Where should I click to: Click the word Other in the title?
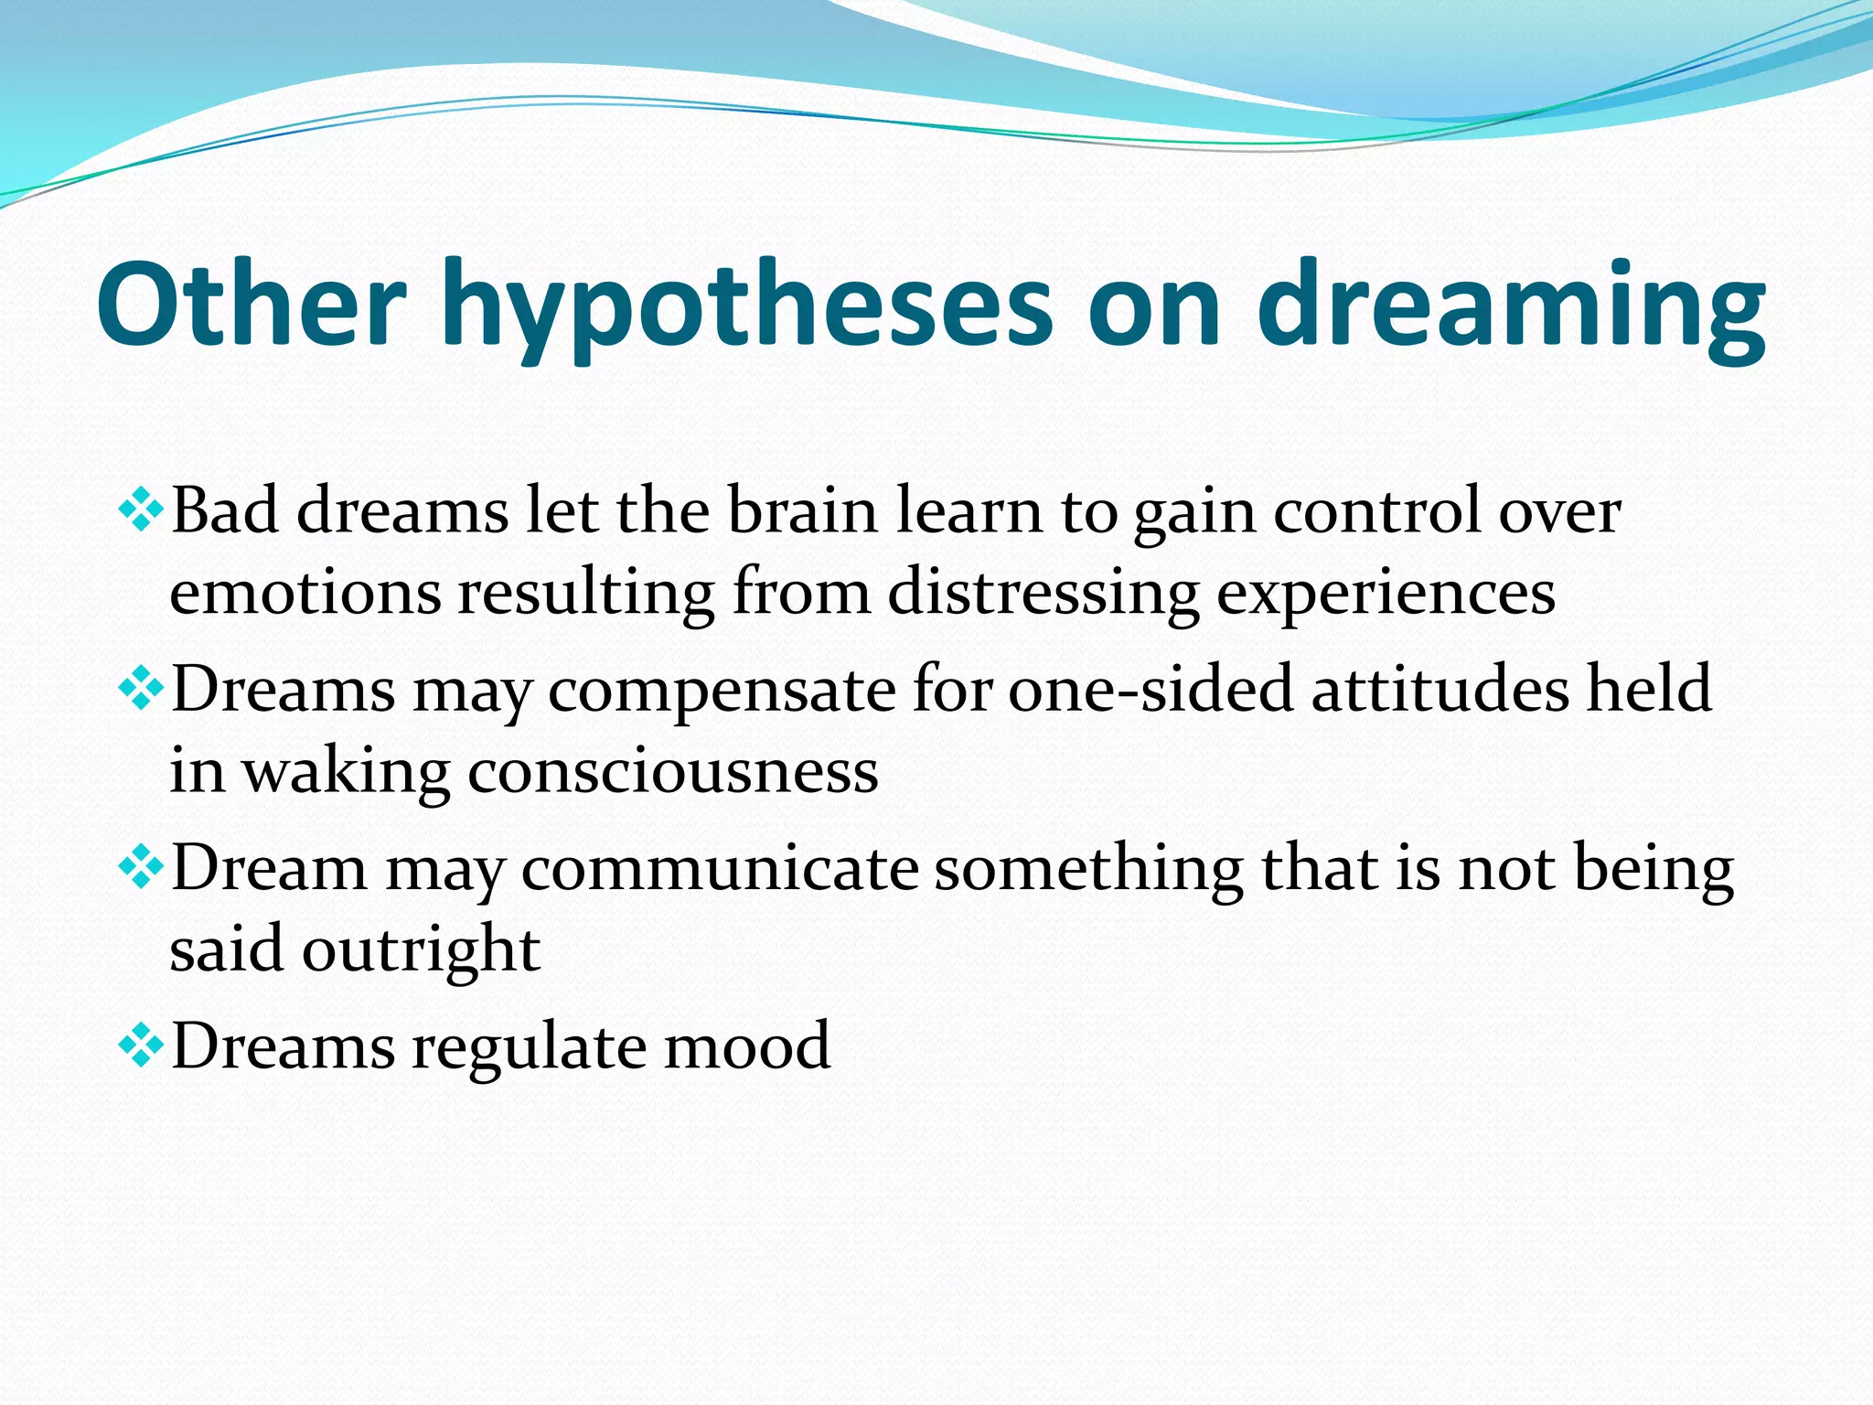[252, 304]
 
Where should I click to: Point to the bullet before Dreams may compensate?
[142, 689]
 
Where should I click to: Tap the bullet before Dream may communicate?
[142, 867]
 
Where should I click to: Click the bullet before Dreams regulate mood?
[142, 1046]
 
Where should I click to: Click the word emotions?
[305, 593]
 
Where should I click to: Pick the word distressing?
[1043, 593]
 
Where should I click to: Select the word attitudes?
[1440, 688]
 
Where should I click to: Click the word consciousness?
[673, 770]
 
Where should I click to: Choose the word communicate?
[720, 867]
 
